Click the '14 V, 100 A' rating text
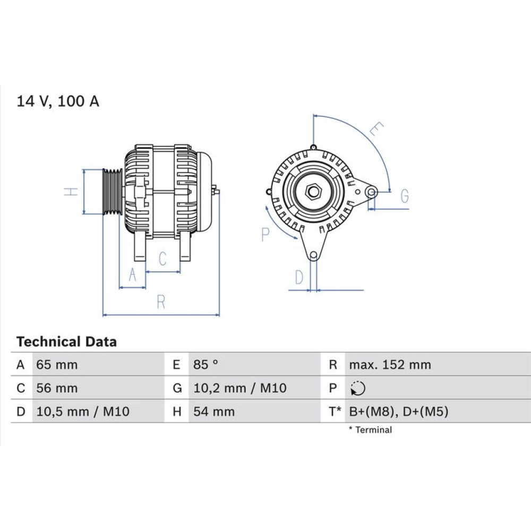58,101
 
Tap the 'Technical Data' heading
66,341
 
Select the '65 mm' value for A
57,365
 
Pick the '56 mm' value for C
57,388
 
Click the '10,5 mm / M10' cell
83,412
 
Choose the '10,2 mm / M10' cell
240,388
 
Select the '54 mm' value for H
214,412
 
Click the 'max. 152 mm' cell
390,365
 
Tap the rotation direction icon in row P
358,388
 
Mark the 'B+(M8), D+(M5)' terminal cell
399,412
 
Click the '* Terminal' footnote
371,430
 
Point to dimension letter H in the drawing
71,192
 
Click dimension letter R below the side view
161,302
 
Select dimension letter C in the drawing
162,259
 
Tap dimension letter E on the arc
376,129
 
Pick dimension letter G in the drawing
405,196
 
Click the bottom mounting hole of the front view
314,255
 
